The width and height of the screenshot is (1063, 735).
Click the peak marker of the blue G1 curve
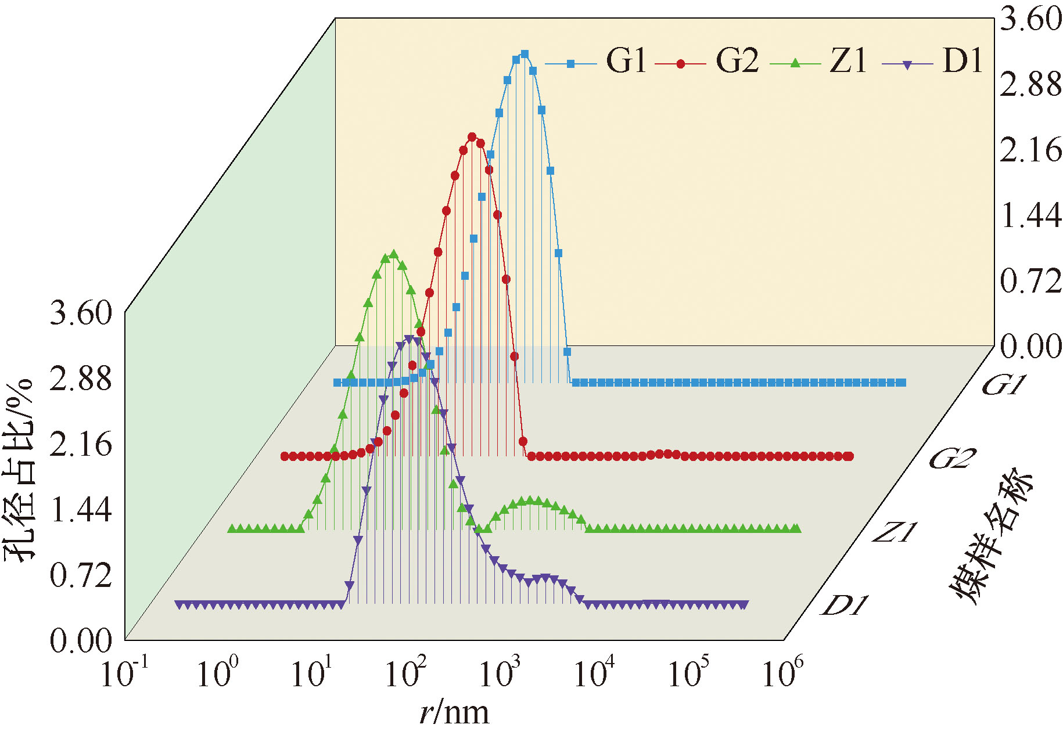point(525,54)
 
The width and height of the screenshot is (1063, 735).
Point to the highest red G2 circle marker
point(472,137)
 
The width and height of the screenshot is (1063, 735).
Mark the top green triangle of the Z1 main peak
point(394,254)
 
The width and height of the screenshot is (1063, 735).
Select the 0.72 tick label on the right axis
point(1030,282)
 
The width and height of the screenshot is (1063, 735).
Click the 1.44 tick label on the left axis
point(80,510)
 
